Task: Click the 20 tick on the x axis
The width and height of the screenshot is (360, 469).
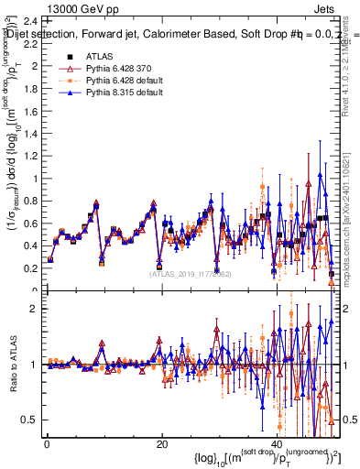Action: click(x=162, y=445)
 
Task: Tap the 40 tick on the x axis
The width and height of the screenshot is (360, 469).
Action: click(x=278, y=445)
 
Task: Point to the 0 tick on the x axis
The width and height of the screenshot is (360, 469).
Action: click(x=46, y=445)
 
